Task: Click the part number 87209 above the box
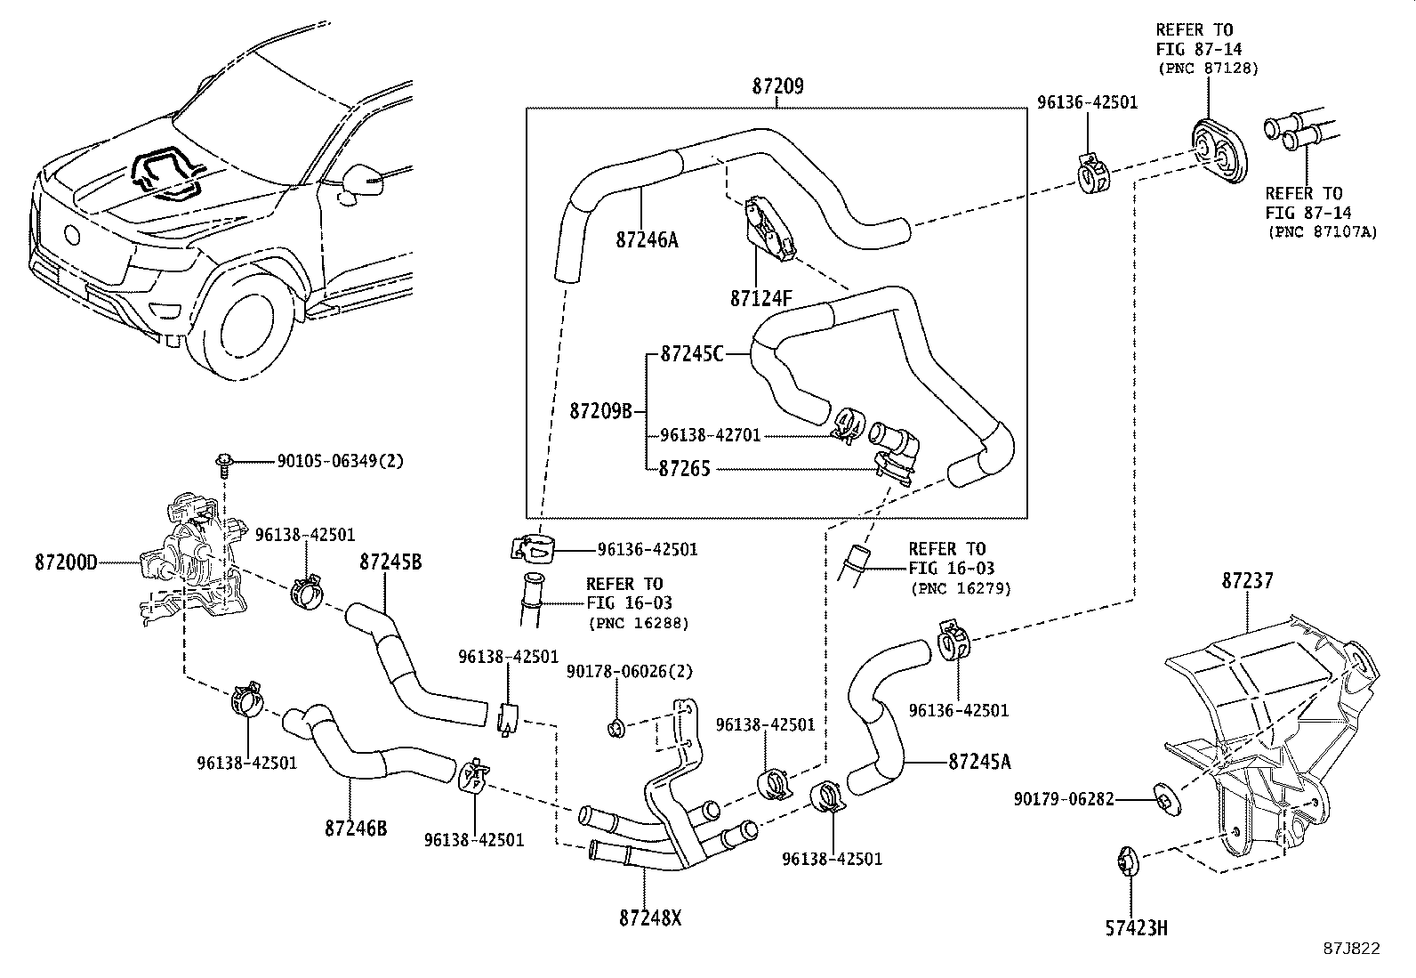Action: point(777,86)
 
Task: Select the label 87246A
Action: point(647,239)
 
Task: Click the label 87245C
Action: point(692,354)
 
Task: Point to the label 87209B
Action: point(600,411)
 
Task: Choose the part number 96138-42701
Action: point(711,436)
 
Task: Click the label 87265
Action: point(684,468)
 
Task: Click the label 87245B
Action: point(390,562)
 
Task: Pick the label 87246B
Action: point(356,828)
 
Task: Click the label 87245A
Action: point(979,762)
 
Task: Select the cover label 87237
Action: point(1247,581)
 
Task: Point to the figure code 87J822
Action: point(1351,949)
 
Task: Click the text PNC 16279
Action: point(961,589)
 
